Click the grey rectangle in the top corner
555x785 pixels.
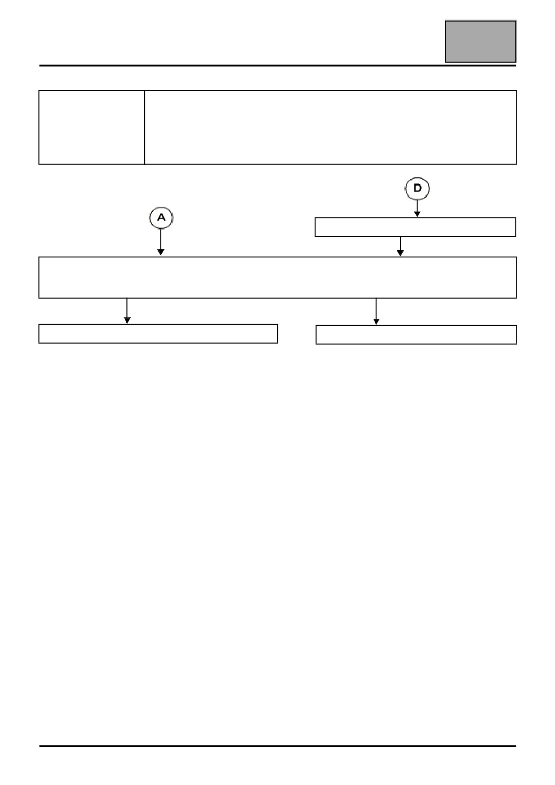[x=480, y=41]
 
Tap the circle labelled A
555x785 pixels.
[x=161, y=218]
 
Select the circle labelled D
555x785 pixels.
[x=417, y=189]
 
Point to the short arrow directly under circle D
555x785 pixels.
[x=417, y=208]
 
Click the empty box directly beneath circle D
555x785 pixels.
[x=415, y=227]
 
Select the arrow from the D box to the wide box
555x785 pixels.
[x=400, y=246]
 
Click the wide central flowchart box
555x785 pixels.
[x=277, y=277]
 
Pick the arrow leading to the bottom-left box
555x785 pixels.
[x=127, y=311]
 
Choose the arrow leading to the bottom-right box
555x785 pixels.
[x=376, y=311]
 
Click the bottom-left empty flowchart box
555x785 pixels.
[x=158, y=333]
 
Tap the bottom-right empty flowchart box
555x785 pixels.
[x=416, y=335]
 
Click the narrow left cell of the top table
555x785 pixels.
[x=92, y=127]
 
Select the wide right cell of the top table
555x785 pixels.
[x=331, y=127]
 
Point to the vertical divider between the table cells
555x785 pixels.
[x=145, y=127]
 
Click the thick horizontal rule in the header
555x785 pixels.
[x=277, y=66]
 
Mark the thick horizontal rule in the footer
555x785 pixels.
[x=277, y=746]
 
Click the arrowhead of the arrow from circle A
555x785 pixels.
[x=160, y=253]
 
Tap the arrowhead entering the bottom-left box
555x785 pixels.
[x=127, y=320]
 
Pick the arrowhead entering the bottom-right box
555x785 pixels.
[x=376, y=321]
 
